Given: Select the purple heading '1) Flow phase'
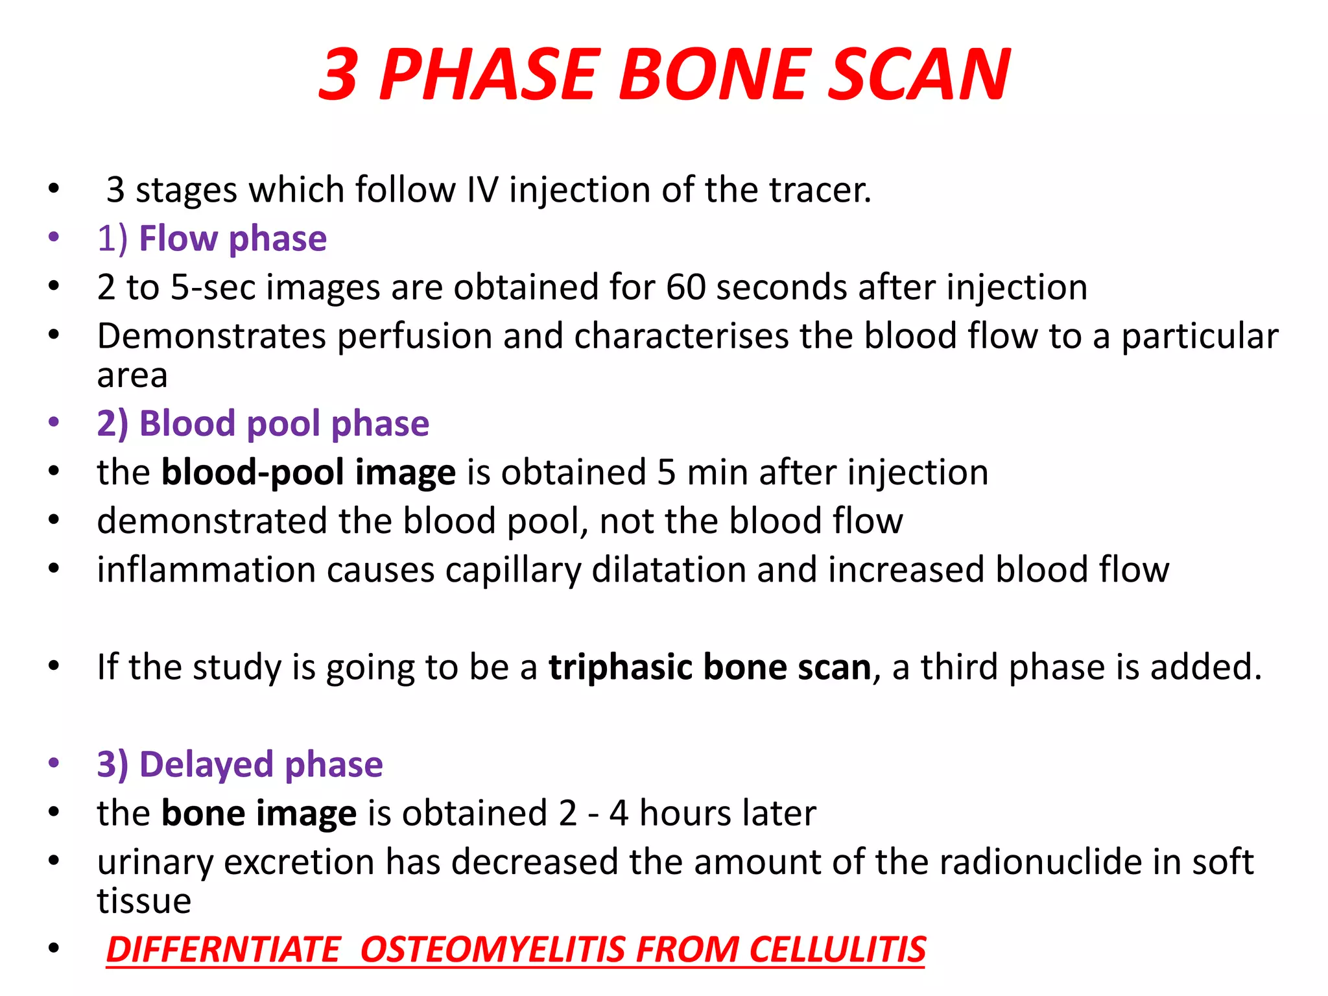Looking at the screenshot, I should click(x=211, y=239).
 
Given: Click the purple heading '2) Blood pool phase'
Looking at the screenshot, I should click(x=263, y=423).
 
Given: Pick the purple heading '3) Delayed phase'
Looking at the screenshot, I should click(x=239, y=764).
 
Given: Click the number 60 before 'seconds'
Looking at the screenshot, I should click(x=685, y=287).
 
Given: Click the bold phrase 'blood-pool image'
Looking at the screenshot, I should click(x=308, y=472).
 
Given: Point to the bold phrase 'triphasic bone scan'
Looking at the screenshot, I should click(x=709, y=667).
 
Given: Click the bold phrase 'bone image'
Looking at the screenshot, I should click(x=259, y=813).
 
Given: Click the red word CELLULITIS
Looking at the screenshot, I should click(x=837, y=949).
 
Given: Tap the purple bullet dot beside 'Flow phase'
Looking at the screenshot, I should click(x=54, y=237).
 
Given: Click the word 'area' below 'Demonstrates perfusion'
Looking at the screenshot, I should click(x=132, y=375).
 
